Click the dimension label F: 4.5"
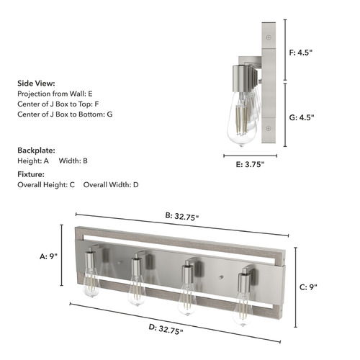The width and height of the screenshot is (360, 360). click(301, 53)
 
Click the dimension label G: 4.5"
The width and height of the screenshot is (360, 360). click(302, 117)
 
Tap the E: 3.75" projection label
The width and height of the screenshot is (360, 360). click(250, 164)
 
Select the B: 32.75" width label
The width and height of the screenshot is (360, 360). click(182, 217)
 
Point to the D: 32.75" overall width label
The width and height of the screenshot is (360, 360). click(166, 329)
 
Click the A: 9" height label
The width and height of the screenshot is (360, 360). click(48, 256)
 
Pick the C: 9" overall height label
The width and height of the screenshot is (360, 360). click(308, 287)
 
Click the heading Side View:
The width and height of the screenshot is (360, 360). click(36, 84)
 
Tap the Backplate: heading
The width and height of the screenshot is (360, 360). click(36, 150)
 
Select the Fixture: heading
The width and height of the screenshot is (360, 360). click(31, 174)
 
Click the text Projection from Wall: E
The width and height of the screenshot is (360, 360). click(55, 94)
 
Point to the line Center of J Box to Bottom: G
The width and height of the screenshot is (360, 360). click(65, 114)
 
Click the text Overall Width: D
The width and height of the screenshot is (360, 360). click(111, 185)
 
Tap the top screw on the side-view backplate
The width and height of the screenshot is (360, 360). click(269, 37)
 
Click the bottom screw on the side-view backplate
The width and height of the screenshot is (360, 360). click(269, 129)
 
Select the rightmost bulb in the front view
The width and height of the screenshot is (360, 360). click(243, 310)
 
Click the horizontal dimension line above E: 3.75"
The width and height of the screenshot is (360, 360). click(251, 156)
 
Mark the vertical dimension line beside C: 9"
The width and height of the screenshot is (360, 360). click(296, 287)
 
